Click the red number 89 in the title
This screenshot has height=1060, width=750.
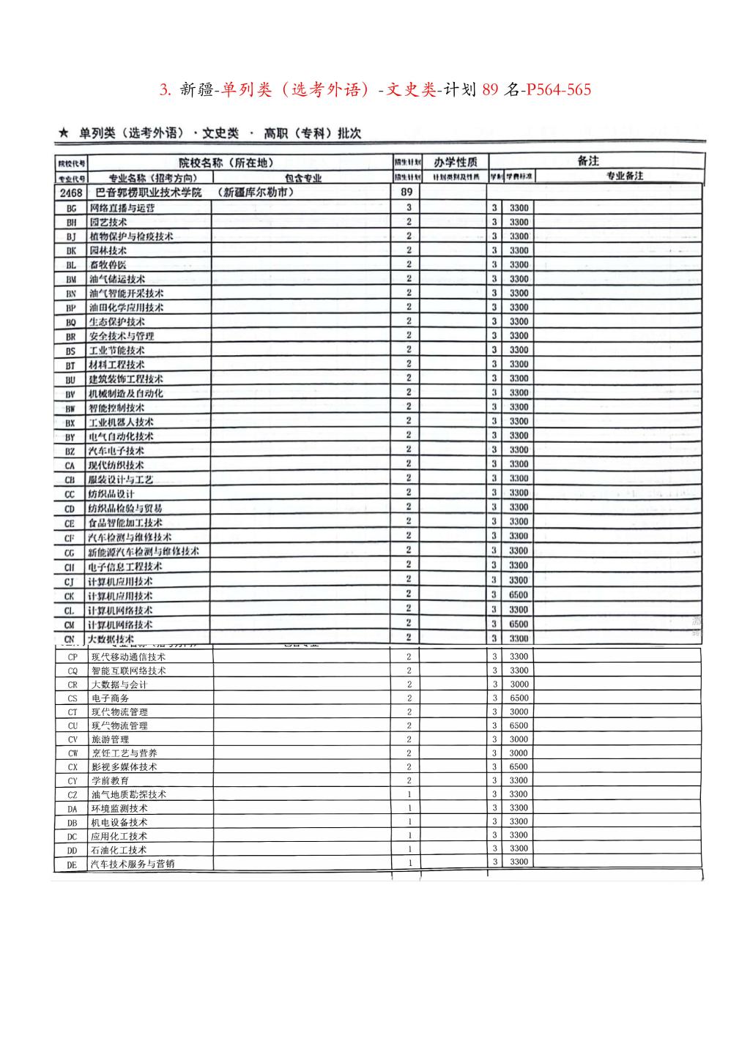(490, 90)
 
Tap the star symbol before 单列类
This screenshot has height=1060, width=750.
(64, 133)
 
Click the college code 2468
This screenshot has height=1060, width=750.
(71, 193)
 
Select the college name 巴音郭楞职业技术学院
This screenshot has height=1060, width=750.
(149, 193)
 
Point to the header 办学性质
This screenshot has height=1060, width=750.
(455, 162)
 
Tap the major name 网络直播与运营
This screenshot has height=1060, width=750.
(122, 208)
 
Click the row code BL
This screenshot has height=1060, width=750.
(71, 265)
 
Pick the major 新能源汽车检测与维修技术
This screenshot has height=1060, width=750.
(144, 551)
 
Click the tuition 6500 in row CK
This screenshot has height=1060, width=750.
(519, 595)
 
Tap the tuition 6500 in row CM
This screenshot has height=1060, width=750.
(519, 624)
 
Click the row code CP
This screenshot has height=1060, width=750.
(72, 657)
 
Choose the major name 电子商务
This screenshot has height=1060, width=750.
(110, 698)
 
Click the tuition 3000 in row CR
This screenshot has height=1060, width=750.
(519, 684)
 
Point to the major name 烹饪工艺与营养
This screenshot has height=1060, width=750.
(124, 753)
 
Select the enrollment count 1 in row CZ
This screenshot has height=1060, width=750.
(409, 794)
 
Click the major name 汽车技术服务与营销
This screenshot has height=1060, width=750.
(133, 864)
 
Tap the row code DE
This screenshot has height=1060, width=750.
(72, 865)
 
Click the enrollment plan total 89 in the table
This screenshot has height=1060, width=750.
(406, 193)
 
